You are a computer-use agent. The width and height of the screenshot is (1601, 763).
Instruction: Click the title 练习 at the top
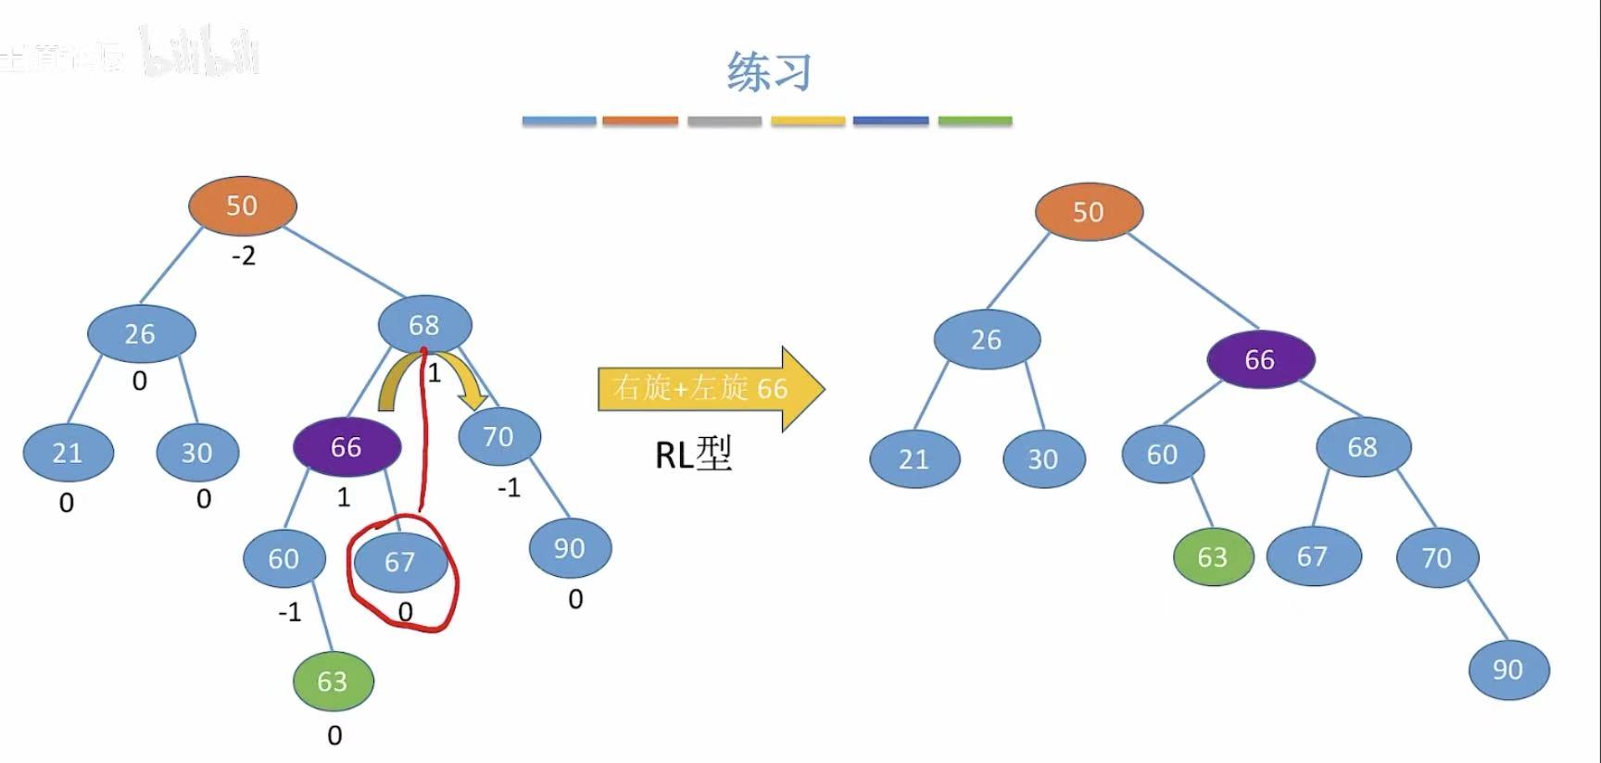pyautogui.click(x=769, y=71)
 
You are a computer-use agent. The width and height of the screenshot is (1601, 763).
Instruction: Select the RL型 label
pyautogui.click(x=693, y=454)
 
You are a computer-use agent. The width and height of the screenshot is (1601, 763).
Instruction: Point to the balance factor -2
pyautogui.click(x=244, y=256)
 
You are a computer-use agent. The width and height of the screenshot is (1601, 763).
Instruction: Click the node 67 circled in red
pyautogui.click(x=400, y=562)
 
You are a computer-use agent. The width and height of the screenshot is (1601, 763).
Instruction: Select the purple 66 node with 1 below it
pyautogui.click(x=347, y=447)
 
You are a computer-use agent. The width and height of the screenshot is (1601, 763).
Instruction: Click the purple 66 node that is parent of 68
pyautogui.click(x=1260, y=359)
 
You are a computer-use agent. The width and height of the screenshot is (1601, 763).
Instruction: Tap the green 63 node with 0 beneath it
pyautogui.click(x=333, y=682)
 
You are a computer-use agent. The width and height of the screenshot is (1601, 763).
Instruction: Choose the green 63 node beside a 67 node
pyautogui.click(x=1212, y=557)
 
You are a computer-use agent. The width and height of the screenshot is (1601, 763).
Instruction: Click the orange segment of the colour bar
pyautogui.click(x=640, y=121)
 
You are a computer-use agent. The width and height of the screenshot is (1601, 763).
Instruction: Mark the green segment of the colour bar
pyautogui.click(x=975, y=121)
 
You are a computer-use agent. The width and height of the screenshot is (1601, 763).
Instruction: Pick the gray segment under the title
pyautogui.click(x=725, y=121)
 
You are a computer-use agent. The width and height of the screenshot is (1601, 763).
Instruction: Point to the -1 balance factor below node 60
pyautogui.click(x=290, y=612)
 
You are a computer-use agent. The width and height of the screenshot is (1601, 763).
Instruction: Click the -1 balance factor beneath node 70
pyautogui.click(x=509, y=488)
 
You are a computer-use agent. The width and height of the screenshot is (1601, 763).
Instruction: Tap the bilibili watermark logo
pyautogui.click(x=200, y=52)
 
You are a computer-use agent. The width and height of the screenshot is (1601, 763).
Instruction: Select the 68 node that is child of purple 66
pyautogui.click(x=1363, y=447)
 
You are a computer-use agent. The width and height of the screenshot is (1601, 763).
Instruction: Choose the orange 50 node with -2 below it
pyautogui.click(x=242, y=206)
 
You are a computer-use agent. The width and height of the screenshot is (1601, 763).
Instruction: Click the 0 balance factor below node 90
pyautogui.click(x=575, y=600)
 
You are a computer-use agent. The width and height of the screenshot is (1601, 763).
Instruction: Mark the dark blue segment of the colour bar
pyautogui.click(x=890, y=121)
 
